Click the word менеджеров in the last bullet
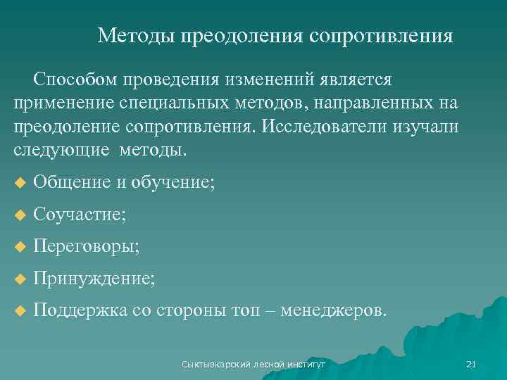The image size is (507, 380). pyautogui.click(x=332, y=310)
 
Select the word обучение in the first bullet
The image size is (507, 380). pyautogui.click(x=173, y=183)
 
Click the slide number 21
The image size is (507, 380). pyautogui.click(x=471, y=364)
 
